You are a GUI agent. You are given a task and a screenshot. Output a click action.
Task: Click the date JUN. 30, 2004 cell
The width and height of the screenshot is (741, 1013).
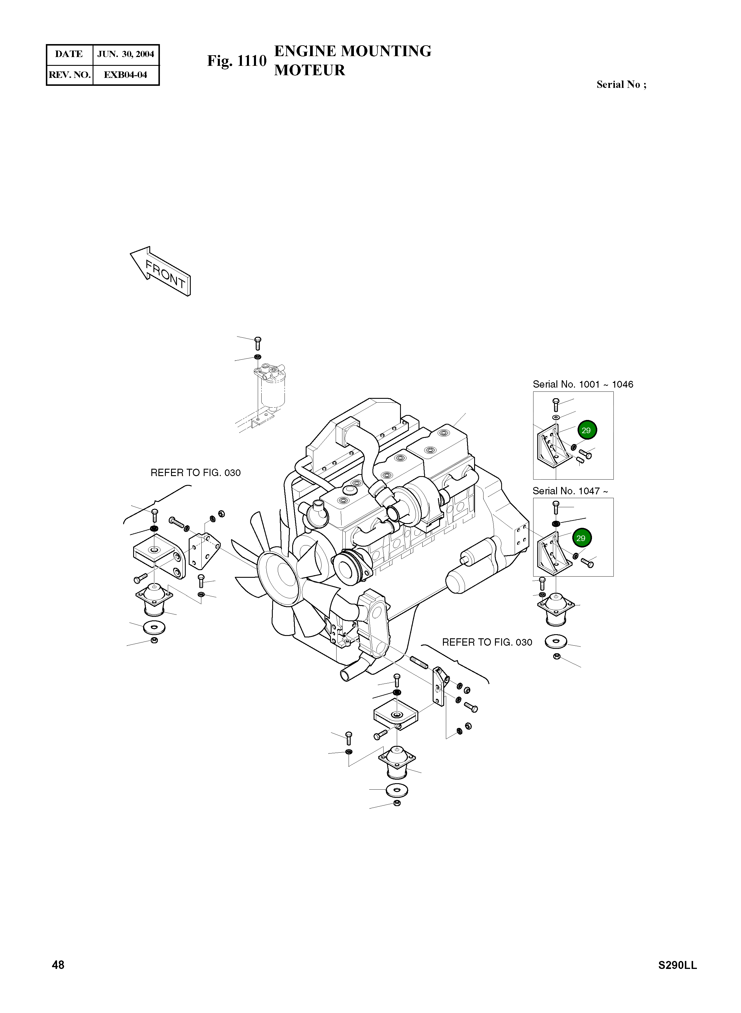[126, 54]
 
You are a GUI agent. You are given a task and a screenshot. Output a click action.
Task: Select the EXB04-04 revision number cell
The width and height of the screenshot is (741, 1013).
[126, 75]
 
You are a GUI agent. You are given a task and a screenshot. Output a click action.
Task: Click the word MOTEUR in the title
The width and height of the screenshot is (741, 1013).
[310, 71]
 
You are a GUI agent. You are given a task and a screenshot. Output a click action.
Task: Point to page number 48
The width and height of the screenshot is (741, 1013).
[58, 965]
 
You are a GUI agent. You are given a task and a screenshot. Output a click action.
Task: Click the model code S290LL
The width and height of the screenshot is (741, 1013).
[677, 965]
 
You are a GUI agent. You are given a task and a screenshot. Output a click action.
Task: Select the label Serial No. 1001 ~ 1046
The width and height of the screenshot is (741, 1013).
[583, 384]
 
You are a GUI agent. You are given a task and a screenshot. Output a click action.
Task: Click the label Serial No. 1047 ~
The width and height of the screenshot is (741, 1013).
[570, 491]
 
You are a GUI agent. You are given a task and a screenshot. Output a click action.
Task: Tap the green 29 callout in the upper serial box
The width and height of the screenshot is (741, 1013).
[587, 430]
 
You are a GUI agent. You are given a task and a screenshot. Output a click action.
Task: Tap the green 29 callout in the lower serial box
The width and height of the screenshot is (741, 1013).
[581, 538]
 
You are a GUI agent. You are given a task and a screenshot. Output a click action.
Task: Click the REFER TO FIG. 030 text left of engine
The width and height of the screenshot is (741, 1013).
[195, 473]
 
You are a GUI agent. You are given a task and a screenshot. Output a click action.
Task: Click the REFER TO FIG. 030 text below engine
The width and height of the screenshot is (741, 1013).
[487, 642]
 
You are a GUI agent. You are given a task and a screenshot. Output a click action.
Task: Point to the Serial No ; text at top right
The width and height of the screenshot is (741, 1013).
[621, 84]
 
